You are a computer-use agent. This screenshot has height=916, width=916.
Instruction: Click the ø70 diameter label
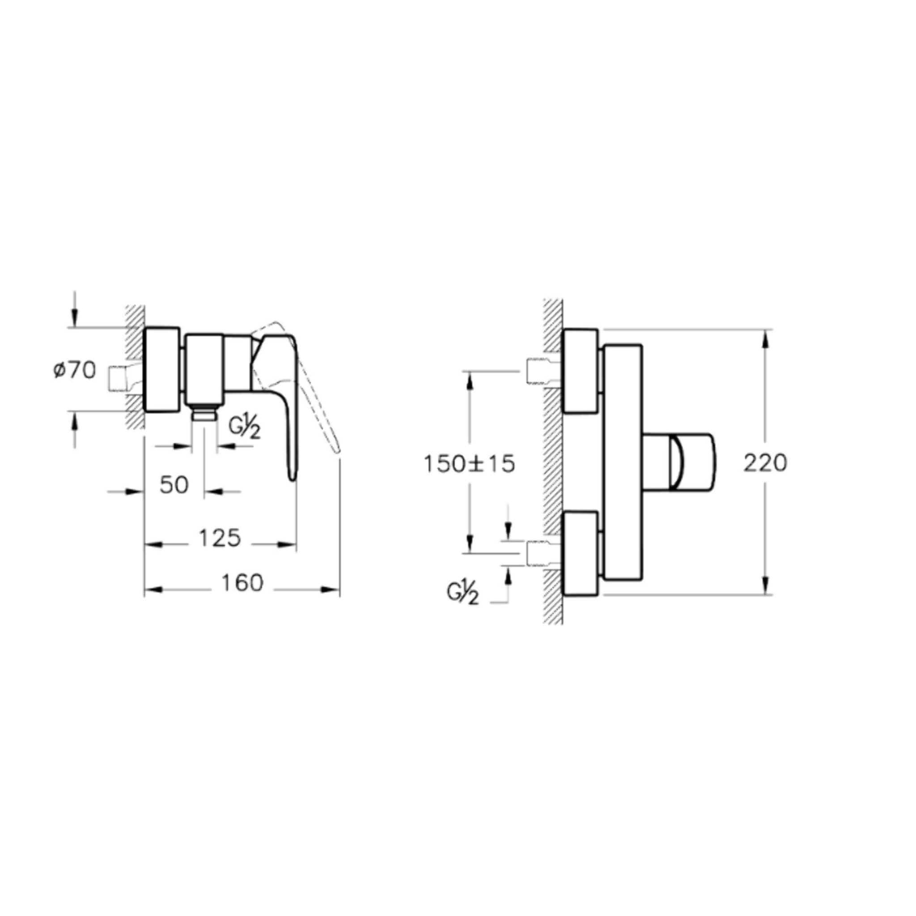pyautogui.click(x=74, y=371)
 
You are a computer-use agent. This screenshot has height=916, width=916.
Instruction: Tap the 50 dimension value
pyautogui.click(x=174, y=484)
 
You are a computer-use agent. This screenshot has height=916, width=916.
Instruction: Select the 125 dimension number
pyautogui.click(x=220, y=538)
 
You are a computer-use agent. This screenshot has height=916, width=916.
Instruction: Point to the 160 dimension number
pyautogui.click(x=242, y=583)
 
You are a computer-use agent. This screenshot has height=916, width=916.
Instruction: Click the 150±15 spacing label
pyautogui.click(x=469, y=464)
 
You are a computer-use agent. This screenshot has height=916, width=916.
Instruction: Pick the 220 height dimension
pyautogui.click(x=765, y=463)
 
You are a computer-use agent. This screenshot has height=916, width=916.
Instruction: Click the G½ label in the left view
pyautogui.click(x=245, y=428)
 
